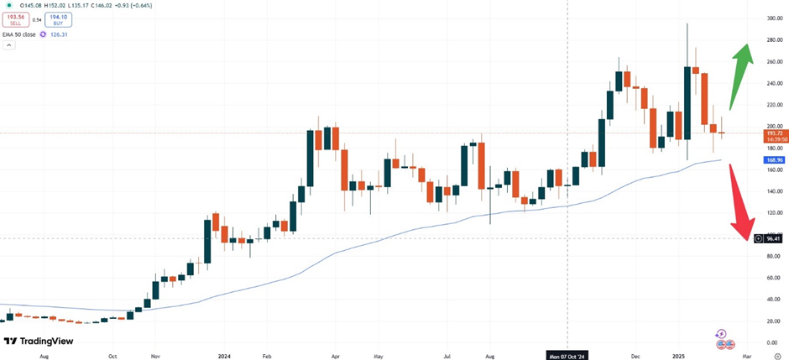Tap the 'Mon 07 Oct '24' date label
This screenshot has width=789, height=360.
[x=568, y=354]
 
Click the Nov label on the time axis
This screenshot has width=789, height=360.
[x=156, y=355]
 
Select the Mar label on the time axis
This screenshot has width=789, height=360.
[x=746, y=355]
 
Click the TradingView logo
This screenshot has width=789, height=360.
[x=39, y=341]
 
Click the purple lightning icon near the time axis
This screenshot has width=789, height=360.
[x=720, y=334]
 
